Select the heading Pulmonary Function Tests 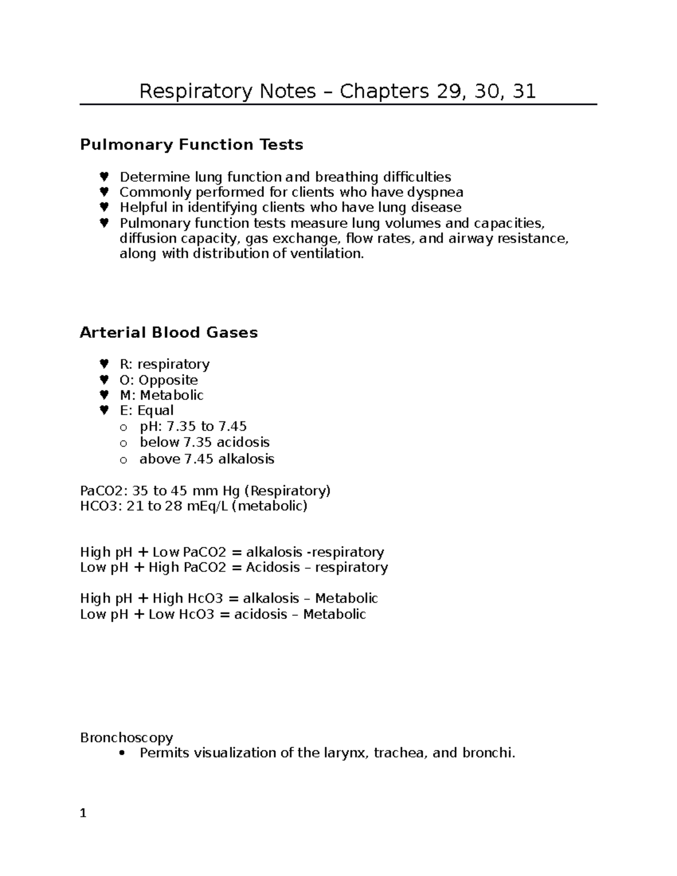(191, 145)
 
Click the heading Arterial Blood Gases (169, 333)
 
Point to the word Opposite (168, 380)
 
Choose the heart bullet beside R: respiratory (104, 364)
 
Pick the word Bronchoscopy (126, 738)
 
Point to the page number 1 (83, 813)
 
